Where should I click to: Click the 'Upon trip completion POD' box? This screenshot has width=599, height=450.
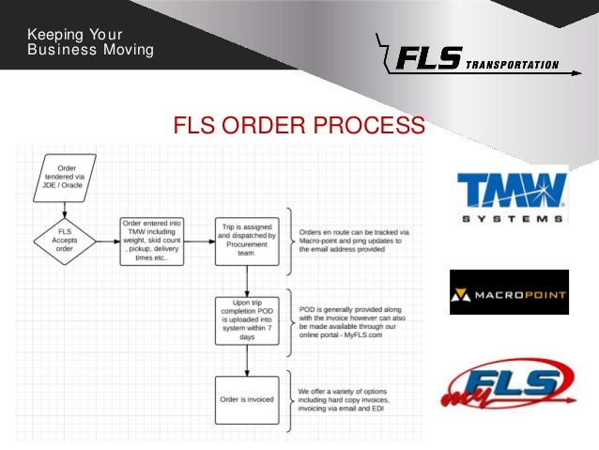[245, 319]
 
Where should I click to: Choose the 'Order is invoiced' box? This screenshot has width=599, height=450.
[245, 398]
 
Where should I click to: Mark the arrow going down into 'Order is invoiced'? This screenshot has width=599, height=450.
[245, 362]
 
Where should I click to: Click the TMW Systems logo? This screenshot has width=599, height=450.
[513, 194]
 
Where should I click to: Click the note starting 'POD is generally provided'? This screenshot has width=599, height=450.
[352, 319]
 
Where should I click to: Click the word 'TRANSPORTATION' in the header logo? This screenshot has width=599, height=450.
[511, 66]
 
